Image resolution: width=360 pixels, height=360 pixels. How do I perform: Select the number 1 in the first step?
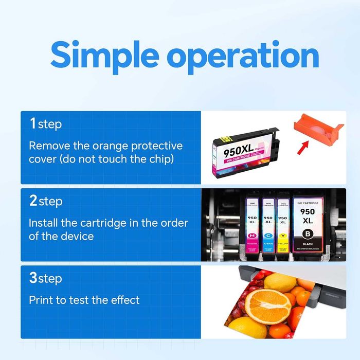[32, 123]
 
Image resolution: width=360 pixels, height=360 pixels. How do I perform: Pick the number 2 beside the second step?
[33, 201]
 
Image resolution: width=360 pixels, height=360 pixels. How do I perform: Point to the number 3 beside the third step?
[33, 278]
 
